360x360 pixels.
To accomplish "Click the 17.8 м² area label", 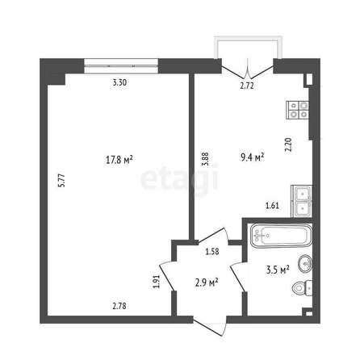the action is [119, 160].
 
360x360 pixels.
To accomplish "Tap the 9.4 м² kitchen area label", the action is [252, 157].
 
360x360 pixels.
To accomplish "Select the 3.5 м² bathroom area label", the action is [278, 270].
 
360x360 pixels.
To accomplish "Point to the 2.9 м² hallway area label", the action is [207, 283].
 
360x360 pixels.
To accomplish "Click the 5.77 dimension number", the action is [62, 181].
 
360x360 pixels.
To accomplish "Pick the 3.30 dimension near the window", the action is [119, 82].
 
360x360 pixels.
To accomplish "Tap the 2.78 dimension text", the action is [119, 306].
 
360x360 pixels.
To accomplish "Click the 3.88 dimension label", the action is [206, 159].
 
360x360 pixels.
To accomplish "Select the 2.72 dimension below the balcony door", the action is [247, 86].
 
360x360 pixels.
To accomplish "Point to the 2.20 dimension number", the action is [288, 144].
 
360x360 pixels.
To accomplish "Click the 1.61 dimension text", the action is [272, 206].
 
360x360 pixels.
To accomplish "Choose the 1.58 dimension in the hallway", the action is [212, 252].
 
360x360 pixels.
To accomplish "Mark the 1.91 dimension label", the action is [157, 282].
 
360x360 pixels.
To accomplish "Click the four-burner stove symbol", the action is [298, 110].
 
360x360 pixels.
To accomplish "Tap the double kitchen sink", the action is [302, 201].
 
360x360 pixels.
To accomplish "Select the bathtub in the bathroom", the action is [281, 236].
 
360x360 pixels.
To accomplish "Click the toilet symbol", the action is [303, 288].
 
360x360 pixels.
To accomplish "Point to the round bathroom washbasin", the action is [305, 264].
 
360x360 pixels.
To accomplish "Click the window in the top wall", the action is [121, 66].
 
